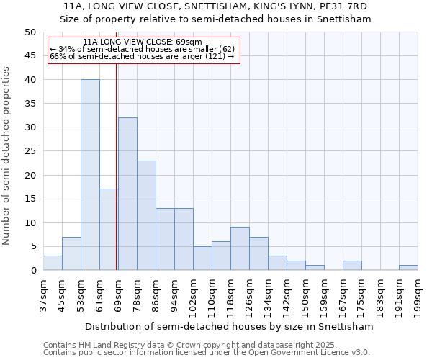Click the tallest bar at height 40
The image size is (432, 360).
[x=90, y=175]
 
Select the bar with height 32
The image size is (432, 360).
[x=127, y=194]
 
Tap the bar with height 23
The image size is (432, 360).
[x=146, y=215]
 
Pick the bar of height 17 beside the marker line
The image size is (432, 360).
[x=108, y=230]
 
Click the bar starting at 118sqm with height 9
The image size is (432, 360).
[x=240, y=248]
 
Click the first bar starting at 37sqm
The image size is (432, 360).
[x=53, y=263]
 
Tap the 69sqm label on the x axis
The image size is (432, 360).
[x=118, y=294]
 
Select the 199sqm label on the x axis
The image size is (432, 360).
[x=418, y=294]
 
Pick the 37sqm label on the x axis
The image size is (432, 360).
[x=43, y=294]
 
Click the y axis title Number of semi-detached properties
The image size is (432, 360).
[x=7, y=156]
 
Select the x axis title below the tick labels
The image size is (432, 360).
[x=229, y=326]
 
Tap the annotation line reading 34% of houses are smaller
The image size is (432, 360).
[x=142, y=49]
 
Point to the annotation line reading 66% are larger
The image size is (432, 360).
[x=142, y=56]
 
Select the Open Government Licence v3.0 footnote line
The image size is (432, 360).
[x=206, y=352]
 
